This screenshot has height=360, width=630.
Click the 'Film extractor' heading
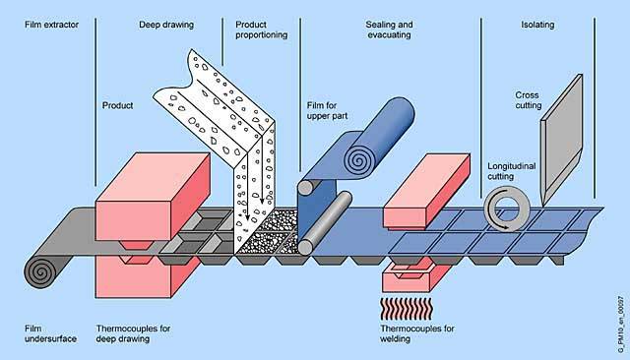click(x=51, y=25)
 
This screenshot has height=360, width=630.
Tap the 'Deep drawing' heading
click(x=166, y=25)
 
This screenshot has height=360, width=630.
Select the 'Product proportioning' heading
click(x=261, y=30)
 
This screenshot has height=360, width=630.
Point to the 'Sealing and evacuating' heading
click(x=389, y=30)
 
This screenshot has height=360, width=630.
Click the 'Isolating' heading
click(x=537, y=25)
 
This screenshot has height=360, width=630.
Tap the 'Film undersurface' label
click(x=50, y=333)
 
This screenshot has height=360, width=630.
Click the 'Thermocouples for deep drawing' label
click(x=133, y=333)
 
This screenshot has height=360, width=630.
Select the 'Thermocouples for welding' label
click(x=417, y=333)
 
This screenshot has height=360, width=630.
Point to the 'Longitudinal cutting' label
click(x=512, y=171)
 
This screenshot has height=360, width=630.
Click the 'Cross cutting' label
click(x=529, y=100)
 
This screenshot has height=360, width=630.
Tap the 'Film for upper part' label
click(x=327, y=111)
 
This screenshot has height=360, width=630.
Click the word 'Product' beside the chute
click(x=117, y=105)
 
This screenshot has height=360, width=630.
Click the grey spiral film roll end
click(x=40, y=272)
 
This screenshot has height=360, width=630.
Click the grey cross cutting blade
click(x=561, y=141)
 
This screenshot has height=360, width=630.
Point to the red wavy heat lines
click(x=407, y=309)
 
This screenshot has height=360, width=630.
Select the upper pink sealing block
click(x=426, y=191)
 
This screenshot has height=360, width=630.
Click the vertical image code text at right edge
click(x=621, y=326)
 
